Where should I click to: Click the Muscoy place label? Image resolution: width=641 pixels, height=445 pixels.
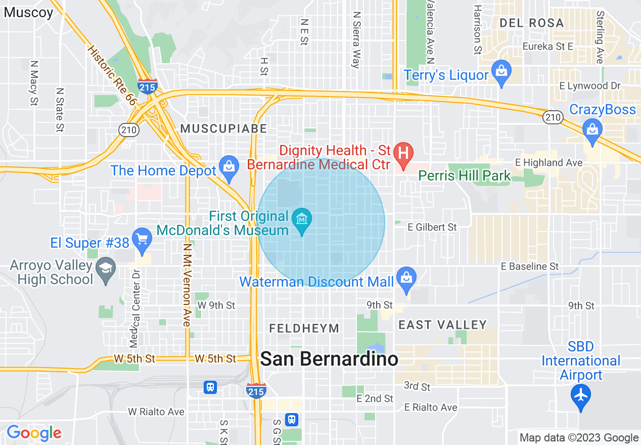[x=28, y=13]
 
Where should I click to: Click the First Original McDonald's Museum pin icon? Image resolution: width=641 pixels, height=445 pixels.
[x=302, y=220]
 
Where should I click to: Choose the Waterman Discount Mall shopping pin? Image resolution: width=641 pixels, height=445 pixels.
[x=405, y=279]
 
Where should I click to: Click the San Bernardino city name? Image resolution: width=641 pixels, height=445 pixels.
[x=329, y=359]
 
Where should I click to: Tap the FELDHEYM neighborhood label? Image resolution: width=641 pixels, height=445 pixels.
[x=304, y=329]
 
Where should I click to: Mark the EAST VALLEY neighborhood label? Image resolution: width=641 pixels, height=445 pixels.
[x=442, y=325]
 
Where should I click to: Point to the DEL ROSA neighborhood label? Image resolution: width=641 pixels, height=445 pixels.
[x=531, y=23]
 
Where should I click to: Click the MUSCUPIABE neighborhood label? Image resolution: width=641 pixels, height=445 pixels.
[x=223, y=129]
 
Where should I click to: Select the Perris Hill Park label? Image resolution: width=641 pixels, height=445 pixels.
[x=465, y=176]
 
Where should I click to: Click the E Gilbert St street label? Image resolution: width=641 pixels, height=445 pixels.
[x=432, y=227]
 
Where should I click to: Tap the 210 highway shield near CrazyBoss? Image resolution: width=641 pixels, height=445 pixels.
[x=553, y=117]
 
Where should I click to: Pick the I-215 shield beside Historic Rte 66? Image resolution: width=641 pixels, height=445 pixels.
[x=147, y=84]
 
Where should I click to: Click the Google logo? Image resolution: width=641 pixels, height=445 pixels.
[x=34, y=433]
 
